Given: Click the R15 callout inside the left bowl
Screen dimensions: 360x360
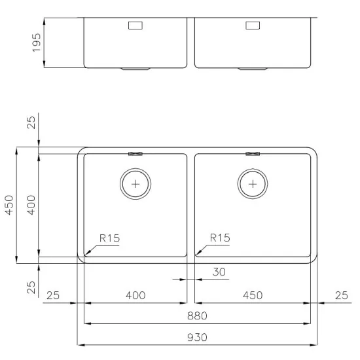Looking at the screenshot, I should (109, 238).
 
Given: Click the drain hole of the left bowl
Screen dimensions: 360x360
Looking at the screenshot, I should (135, 184).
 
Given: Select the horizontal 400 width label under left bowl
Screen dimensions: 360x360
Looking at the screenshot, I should (135, 295).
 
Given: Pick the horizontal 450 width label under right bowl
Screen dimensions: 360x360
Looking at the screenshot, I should (252, 295).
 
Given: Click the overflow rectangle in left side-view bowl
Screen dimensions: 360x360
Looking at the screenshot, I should (136, 26).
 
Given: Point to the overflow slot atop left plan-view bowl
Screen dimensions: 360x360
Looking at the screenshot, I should (135, 154).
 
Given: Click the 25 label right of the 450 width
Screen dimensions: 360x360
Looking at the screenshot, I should (341, 295).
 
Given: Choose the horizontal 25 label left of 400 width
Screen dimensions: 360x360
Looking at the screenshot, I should (53, 295).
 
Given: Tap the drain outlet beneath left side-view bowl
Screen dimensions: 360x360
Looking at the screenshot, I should (136, 68).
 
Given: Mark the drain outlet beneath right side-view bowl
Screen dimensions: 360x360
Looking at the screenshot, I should (253, 68).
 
